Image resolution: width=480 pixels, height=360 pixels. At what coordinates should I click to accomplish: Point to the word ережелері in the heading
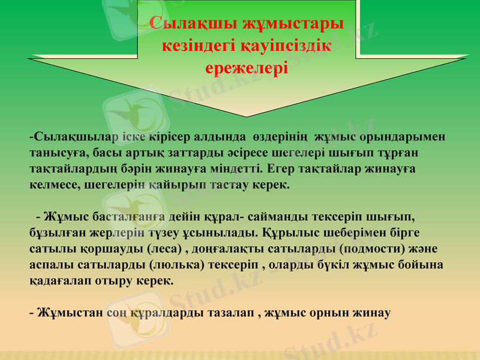[x=246, y=67]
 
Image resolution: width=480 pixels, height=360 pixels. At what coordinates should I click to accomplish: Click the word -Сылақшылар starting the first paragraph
[x=71, y=137]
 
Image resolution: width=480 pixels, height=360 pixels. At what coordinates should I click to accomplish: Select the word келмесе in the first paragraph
[x=52, y=185]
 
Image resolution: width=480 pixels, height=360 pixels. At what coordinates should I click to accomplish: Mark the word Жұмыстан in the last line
[x=62, y=312]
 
